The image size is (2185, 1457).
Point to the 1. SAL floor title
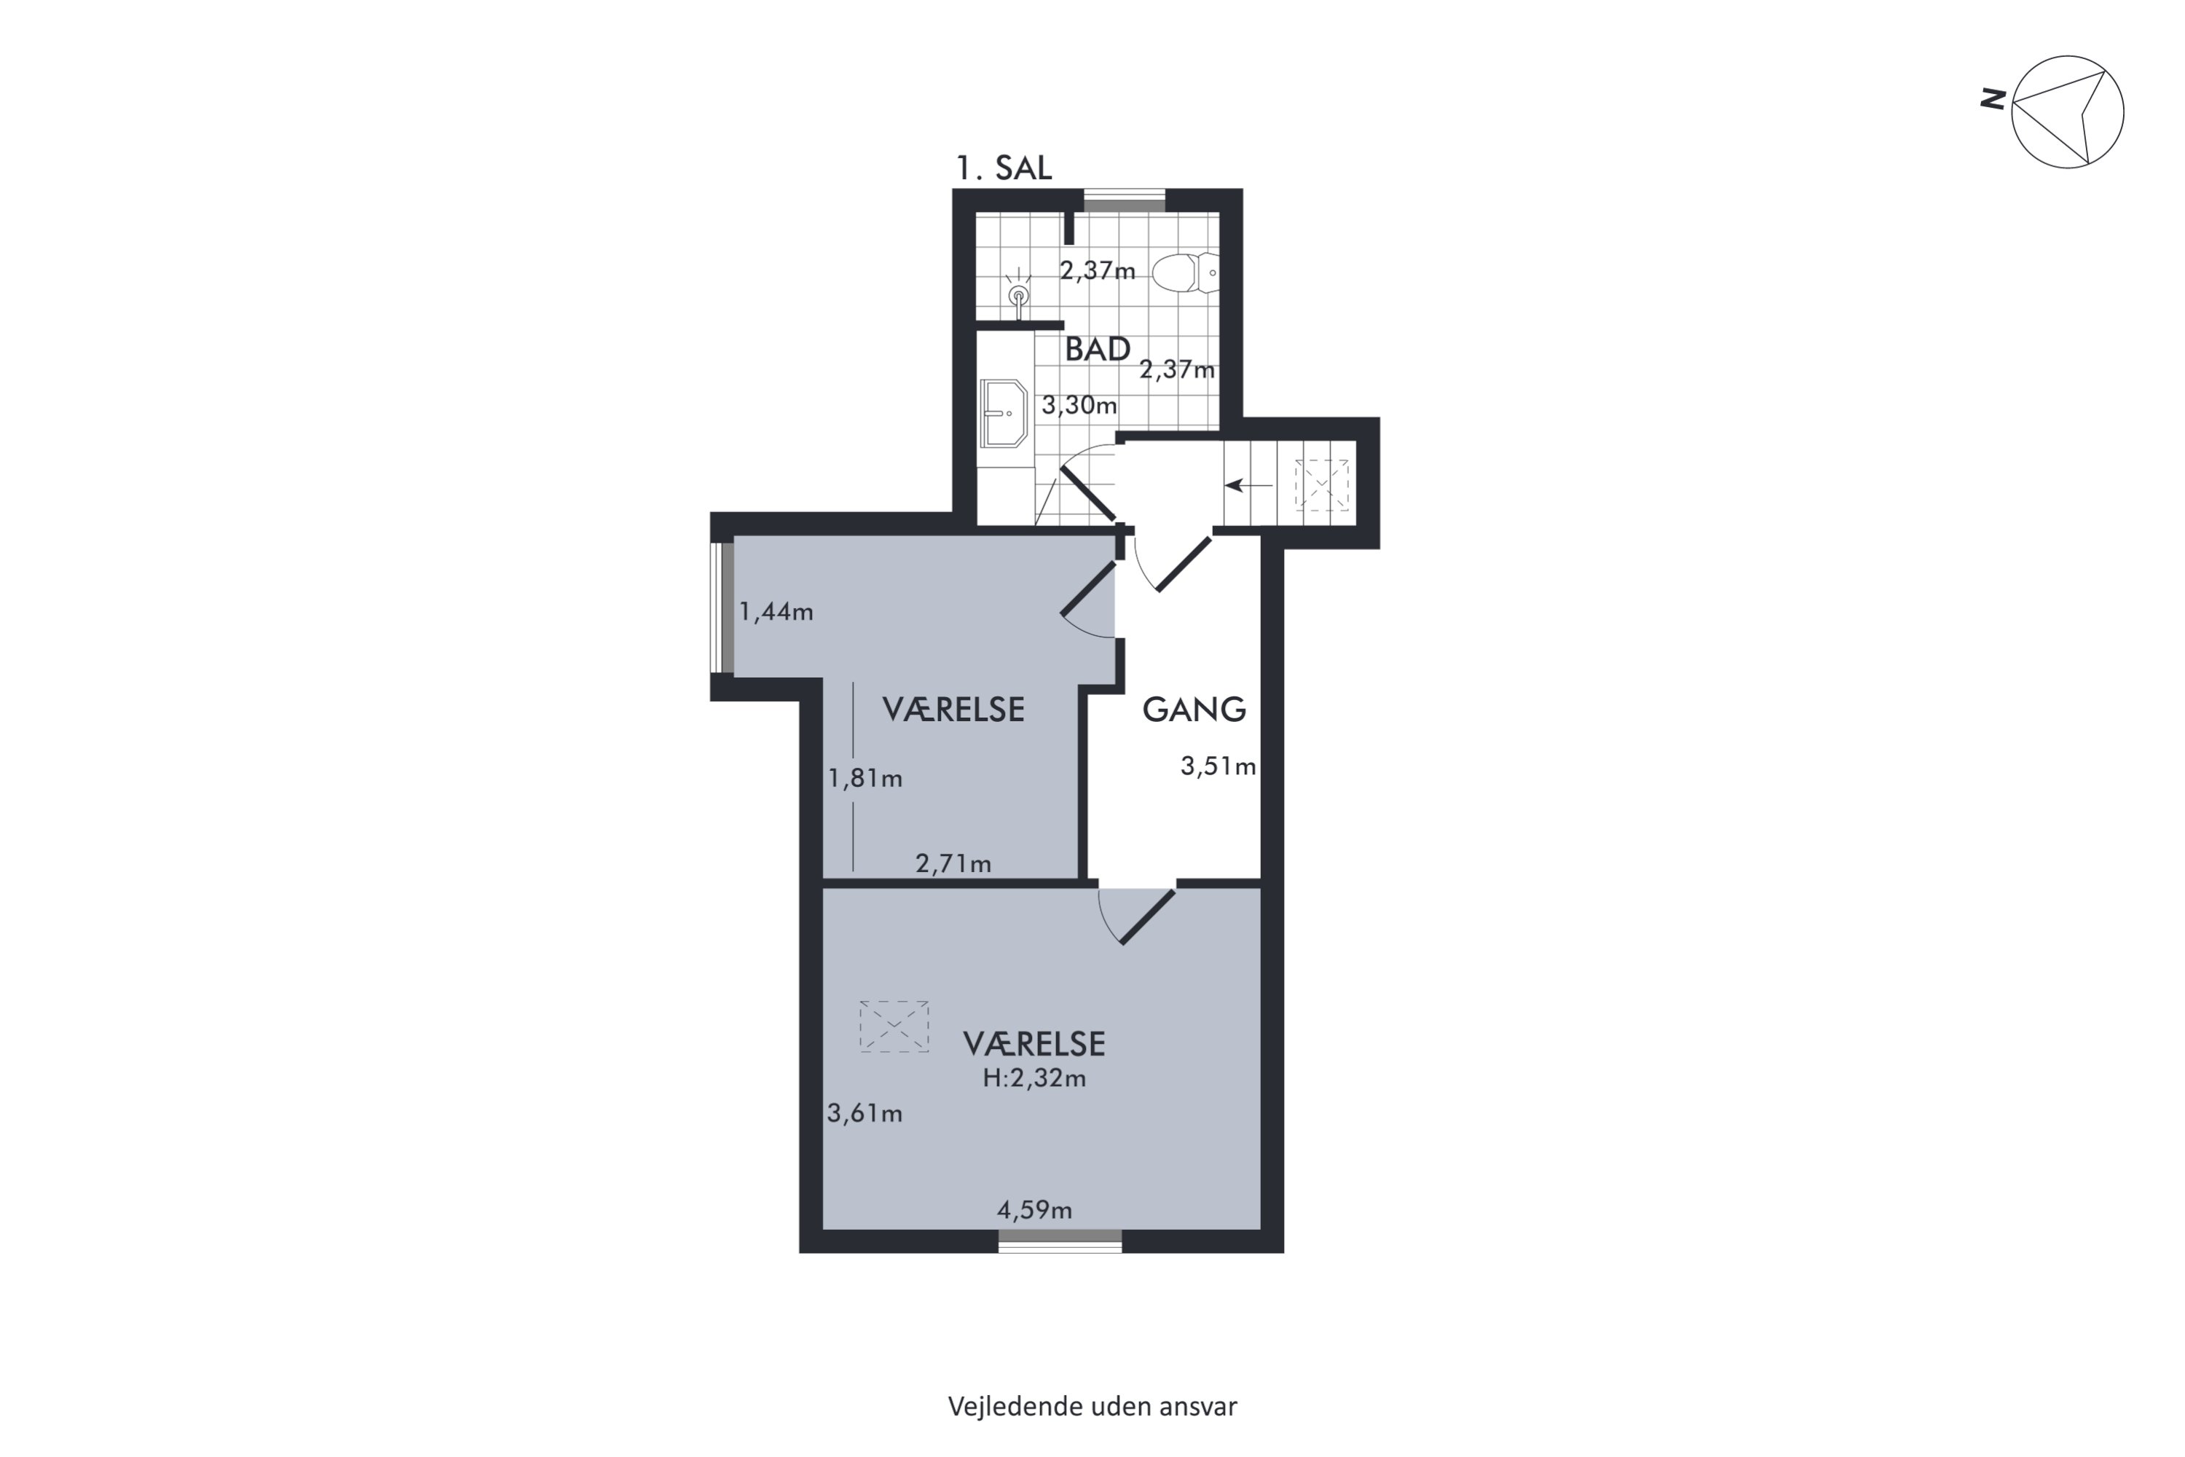[1004, 168]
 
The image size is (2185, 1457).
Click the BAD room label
[1097, 350]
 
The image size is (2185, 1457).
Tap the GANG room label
[1194, 710]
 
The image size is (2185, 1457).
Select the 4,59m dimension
[1034, 1210]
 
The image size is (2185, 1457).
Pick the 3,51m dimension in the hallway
[1218, 766]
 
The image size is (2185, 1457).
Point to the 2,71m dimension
[953, 864]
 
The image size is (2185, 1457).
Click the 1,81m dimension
[865, 778]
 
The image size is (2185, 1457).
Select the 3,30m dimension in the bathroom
[1079, 405]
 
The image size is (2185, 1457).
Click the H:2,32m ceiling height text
[1034, 1078]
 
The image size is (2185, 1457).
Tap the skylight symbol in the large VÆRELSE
[894, 1026]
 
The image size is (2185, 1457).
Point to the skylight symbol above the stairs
[1322, 485]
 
